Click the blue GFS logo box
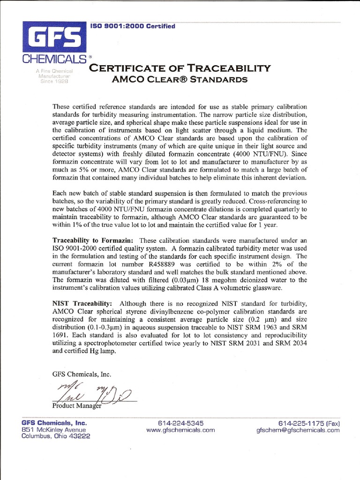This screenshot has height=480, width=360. pos(53,38)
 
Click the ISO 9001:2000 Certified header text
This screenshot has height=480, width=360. pos(133,26)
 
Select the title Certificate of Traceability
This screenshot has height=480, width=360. pos(180,68)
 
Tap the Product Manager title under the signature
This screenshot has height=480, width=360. pos(76,405)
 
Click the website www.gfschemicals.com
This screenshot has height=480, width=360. pos(180,429)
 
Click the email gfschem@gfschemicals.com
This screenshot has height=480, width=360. pos(298,429)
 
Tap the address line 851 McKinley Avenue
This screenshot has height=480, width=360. pos(54,429)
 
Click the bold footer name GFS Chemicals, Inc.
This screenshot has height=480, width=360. pos(54,422)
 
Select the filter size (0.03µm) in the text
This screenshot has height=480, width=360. pos(180,280)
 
